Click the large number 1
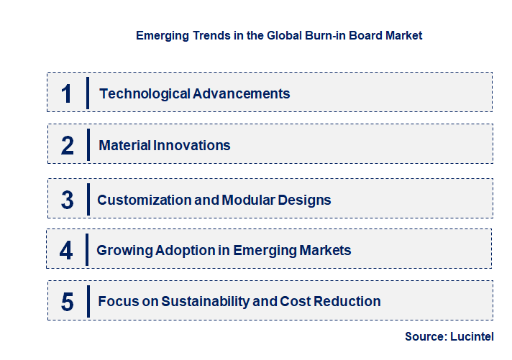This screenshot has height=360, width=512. tap(67, 93)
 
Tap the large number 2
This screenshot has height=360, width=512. tap(68, 145)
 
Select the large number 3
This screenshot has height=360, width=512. tap(67, 200)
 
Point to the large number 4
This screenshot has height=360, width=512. tap(66, 250)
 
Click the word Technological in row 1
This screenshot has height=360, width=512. tap(145, 93)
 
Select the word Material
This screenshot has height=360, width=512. tap(124, 145)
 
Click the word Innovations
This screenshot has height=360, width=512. tap(192, 145)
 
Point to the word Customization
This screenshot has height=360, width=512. tap(144, 200)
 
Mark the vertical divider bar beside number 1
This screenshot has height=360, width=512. tap(87, 93)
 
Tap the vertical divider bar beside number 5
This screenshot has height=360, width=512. tap(87, 300)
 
